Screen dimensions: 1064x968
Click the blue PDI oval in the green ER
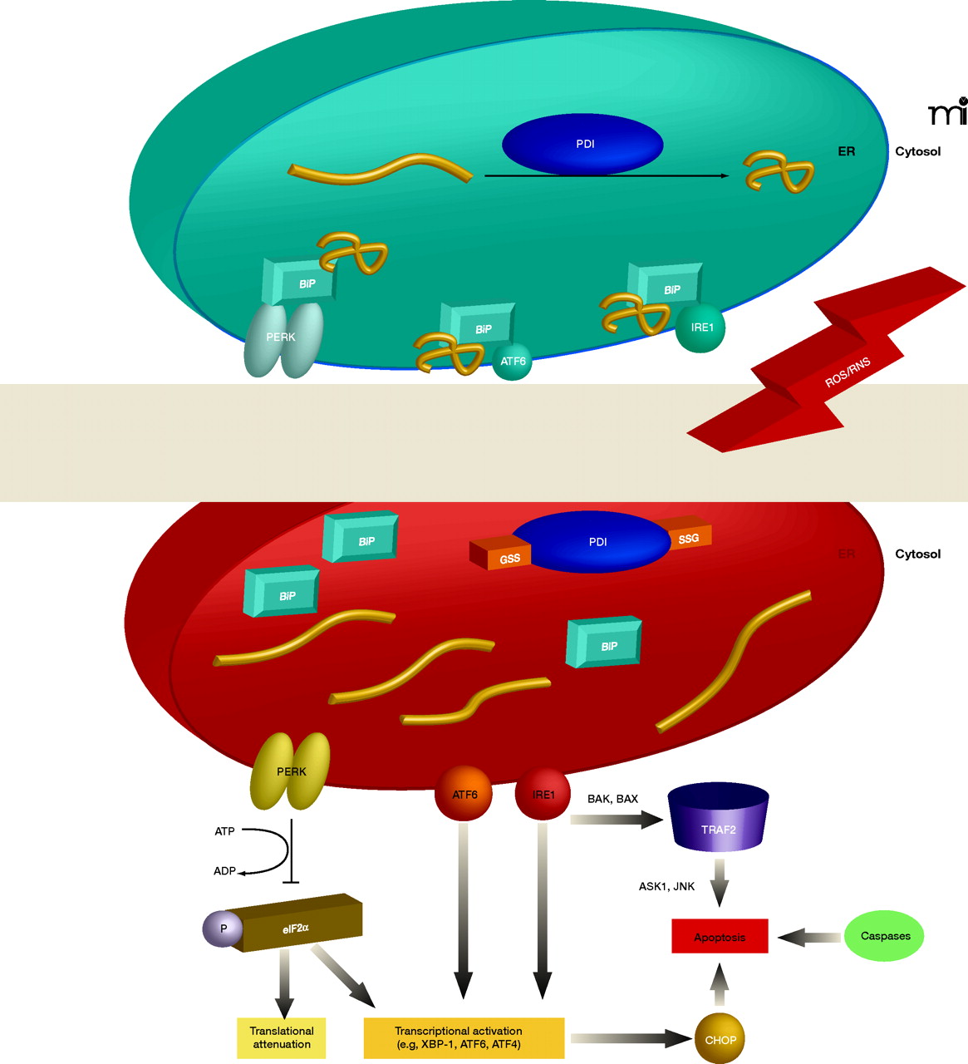(582, 145)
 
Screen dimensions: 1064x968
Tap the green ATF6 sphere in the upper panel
(512, 362)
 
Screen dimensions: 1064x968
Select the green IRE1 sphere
(700, 328)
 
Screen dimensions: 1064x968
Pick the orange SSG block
(687, 539)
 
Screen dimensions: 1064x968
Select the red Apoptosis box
(720, 937)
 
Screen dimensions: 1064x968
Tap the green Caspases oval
(885, 936)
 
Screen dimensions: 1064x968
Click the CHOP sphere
(720, 1039)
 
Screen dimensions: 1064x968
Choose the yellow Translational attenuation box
(282, 1037)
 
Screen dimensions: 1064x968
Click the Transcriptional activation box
(464, 1037)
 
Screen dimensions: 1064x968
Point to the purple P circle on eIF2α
(223, 929)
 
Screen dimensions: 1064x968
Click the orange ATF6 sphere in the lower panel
(464, 795)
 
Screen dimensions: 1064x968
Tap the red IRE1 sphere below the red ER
(543, 795)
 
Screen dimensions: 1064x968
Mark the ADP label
(225, 871)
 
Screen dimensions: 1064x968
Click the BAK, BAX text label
(612, 799)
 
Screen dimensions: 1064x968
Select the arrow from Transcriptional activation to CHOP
(631, 1038)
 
